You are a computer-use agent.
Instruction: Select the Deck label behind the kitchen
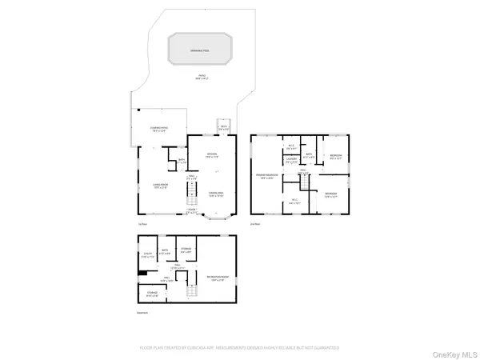pyautogui.click(x=225, y=127)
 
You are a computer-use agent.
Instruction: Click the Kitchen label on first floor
pyautogui.click(x=212, y=155)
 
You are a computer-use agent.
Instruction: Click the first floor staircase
pyautogui.click(x=192, y=194)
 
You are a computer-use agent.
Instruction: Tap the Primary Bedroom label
pyautogui.click(x=267, y=175)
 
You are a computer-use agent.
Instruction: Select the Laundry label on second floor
pyautogui.click(x=292, y=159)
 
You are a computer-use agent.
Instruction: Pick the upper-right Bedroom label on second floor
pyautogui.click(x=336, y=156)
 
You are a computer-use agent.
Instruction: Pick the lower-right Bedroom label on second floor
pyautogui.click(x=331, y=194)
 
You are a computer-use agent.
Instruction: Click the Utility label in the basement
pyautogui.click(x=147, y=255)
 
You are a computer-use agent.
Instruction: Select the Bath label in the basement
pyautogui.click(x=164, y=252)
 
